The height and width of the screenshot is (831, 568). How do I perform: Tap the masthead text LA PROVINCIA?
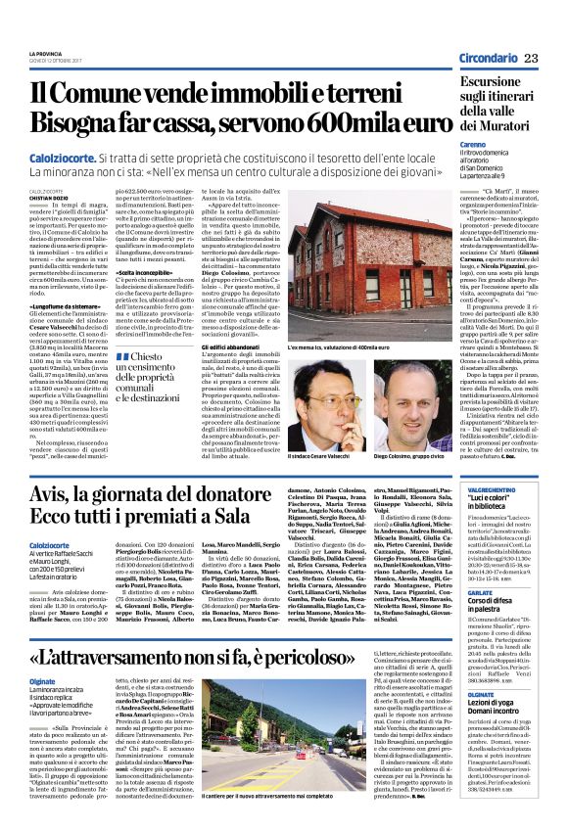45,53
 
